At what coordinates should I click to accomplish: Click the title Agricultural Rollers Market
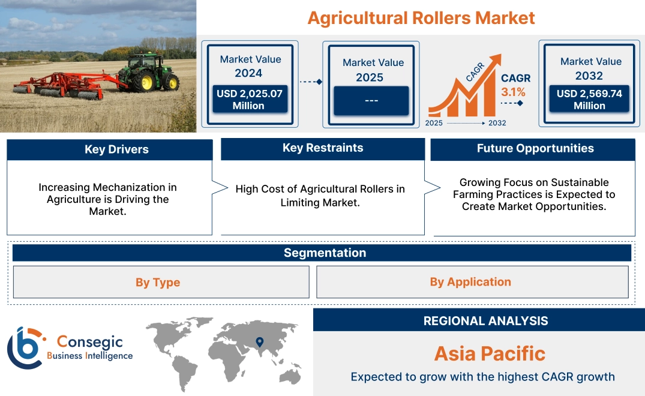coord(421,17)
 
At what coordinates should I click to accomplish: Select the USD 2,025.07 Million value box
coord(248,100)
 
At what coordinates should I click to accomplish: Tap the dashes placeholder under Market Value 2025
coord(371,100)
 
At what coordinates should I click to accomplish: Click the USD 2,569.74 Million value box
coord(589,100)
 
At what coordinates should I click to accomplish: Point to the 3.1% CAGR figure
coord(513,92)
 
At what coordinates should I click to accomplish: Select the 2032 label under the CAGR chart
coord(497,123)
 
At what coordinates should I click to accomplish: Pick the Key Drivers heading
coord(116,149)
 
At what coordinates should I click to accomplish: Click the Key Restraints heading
coord(323,148)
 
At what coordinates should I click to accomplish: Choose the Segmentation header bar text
coord(325,253)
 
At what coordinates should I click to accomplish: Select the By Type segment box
coord(158,282)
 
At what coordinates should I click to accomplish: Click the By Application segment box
coord(470,282)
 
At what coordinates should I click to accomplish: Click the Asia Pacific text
coord(490,353)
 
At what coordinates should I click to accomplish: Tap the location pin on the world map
coord(259,342)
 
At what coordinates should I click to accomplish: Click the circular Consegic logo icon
coord(25,348)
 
